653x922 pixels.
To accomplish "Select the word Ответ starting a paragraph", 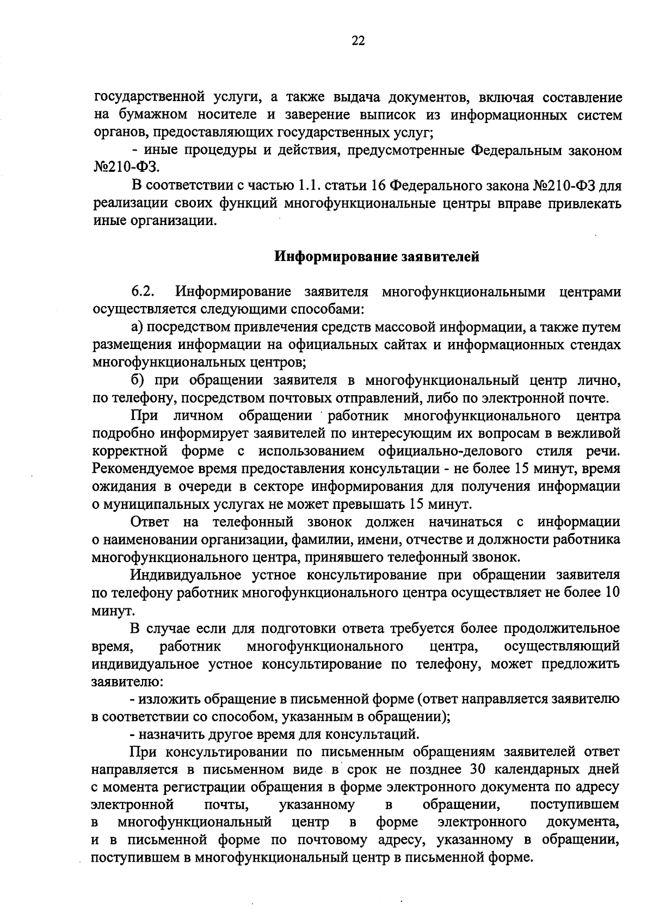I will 150,522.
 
